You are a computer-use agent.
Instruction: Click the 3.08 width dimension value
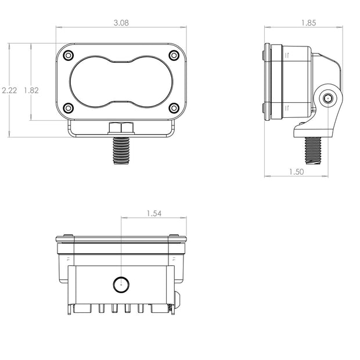coord(121,23)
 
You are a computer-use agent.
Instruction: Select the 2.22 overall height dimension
coord(9,90)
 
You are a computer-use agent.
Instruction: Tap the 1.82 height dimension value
coord(31,90)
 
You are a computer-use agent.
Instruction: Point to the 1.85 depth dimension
coord(308,23)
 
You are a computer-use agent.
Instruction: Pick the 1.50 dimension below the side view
coord(296,172)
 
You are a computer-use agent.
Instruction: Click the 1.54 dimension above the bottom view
coord(154,214)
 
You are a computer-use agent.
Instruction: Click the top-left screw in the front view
coord(68,55)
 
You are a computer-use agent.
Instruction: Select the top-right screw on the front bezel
coord(174,55)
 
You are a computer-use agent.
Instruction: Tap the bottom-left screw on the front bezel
coord(68,107)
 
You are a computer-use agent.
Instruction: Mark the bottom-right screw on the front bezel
coord(174,107)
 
